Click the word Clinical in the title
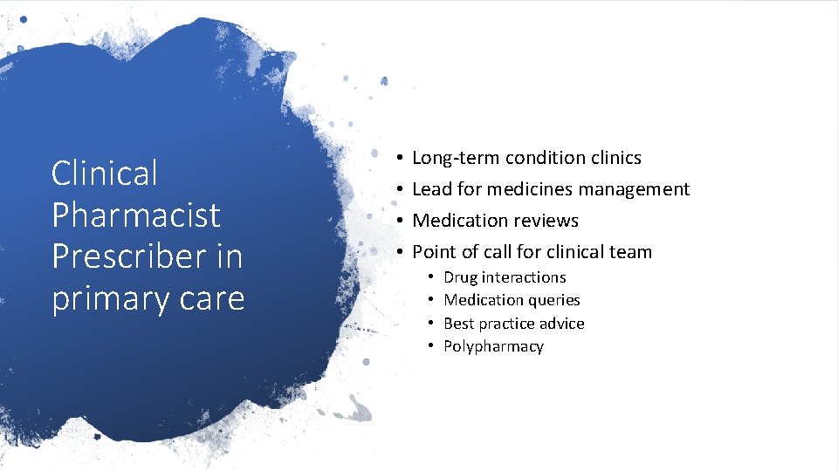pyautogui.click(x=105, y=173)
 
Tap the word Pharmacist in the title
pyautogui.click(x=136, y=215)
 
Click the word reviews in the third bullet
pyautogui.click(x=545, y=221)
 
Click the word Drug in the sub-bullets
pyautogui.click(x=460, y=277)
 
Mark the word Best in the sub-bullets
pyautogui.click(x=459, y=324)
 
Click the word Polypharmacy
pyautogui.click(x=493, y=347)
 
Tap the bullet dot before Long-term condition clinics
pyautogui.click(x=397, y=158)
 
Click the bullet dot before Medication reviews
pyautogui.click(x=397, y=221)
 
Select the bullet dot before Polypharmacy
pyautogui.click(x=430, y=346)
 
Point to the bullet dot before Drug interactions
pyautogui.click(x=430, y=277)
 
